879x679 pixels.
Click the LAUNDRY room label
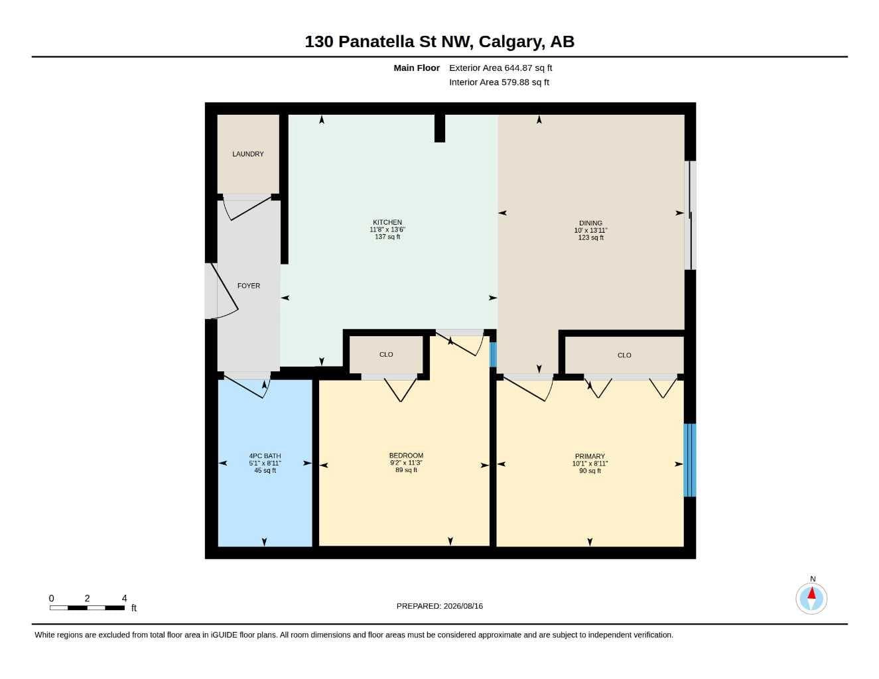click(x=247, y=154)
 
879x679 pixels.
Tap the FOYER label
click(x=248, y=286)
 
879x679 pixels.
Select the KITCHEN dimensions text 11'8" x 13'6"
click(x=387, y=229)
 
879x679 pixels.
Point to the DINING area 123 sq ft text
click(x=590, y=237)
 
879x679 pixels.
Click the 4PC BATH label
click(x=265, y=456)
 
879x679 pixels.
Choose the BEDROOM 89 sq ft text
click(x=406, y=470)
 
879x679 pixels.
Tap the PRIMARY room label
click(x=590, y=456)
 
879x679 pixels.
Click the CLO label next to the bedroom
click(x=386, y=355)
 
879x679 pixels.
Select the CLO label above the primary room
click(x=624, y=355)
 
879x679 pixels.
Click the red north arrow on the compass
click(x=811, y=593)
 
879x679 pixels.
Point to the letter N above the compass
click(x=813, y=579)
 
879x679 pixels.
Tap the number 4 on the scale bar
click(x=124, y=598)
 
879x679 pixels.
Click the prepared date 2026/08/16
click(x=463, y=606)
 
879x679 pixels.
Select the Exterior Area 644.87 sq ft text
click(x=500, y=68)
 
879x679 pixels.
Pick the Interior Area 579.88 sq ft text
click(x=499, y=82)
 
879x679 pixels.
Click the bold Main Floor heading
click(x=416, y=68)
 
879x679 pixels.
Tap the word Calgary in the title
click(x=511, y=42)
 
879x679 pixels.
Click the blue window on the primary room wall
click(x=690, y=460)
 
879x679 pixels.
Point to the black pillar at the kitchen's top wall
click(x=440, y=128)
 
